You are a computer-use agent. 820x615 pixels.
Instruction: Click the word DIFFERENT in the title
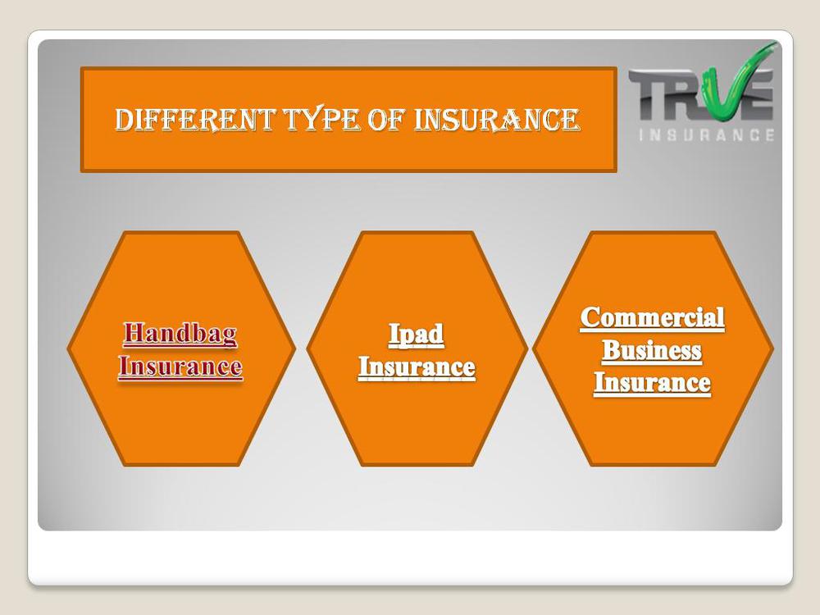(x=195, y=120)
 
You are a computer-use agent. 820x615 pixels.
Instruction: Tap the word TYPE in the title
(x=321, y=120)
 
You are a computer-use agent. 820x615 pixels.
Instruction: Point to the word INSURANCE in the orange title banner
(x=497, y=120)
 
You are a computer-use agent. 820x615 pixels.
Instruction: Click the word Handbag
(x=180, y=335)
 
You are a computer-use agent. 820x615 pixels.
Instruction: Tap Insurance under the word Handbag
(x=180, y=366)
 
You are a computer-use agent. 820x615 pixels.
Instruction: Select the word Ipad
(x=417, y=335)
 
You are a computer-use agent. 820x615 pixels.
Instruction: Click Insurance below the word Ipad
(x=417, y=367)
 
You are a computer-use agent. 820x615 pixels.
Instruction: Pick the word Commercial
(x=652, y=317)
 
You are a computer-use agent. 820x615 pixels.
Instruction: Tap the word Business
(x=652, y=350)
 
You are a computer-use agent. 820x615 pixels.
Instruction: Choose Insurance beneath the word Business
(x=652, y=382)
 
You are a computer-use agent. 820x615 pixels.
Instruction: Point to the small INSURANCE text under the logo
(x=707, y=135)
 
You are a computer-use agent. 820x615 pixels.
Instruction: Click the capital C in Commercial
(x=590, y=318)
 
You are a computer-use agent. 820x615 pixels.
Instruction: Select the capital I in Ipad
(x=394, y=333)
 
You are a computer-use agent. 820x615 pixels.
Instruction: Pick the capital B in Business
(x=612, y=350)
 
